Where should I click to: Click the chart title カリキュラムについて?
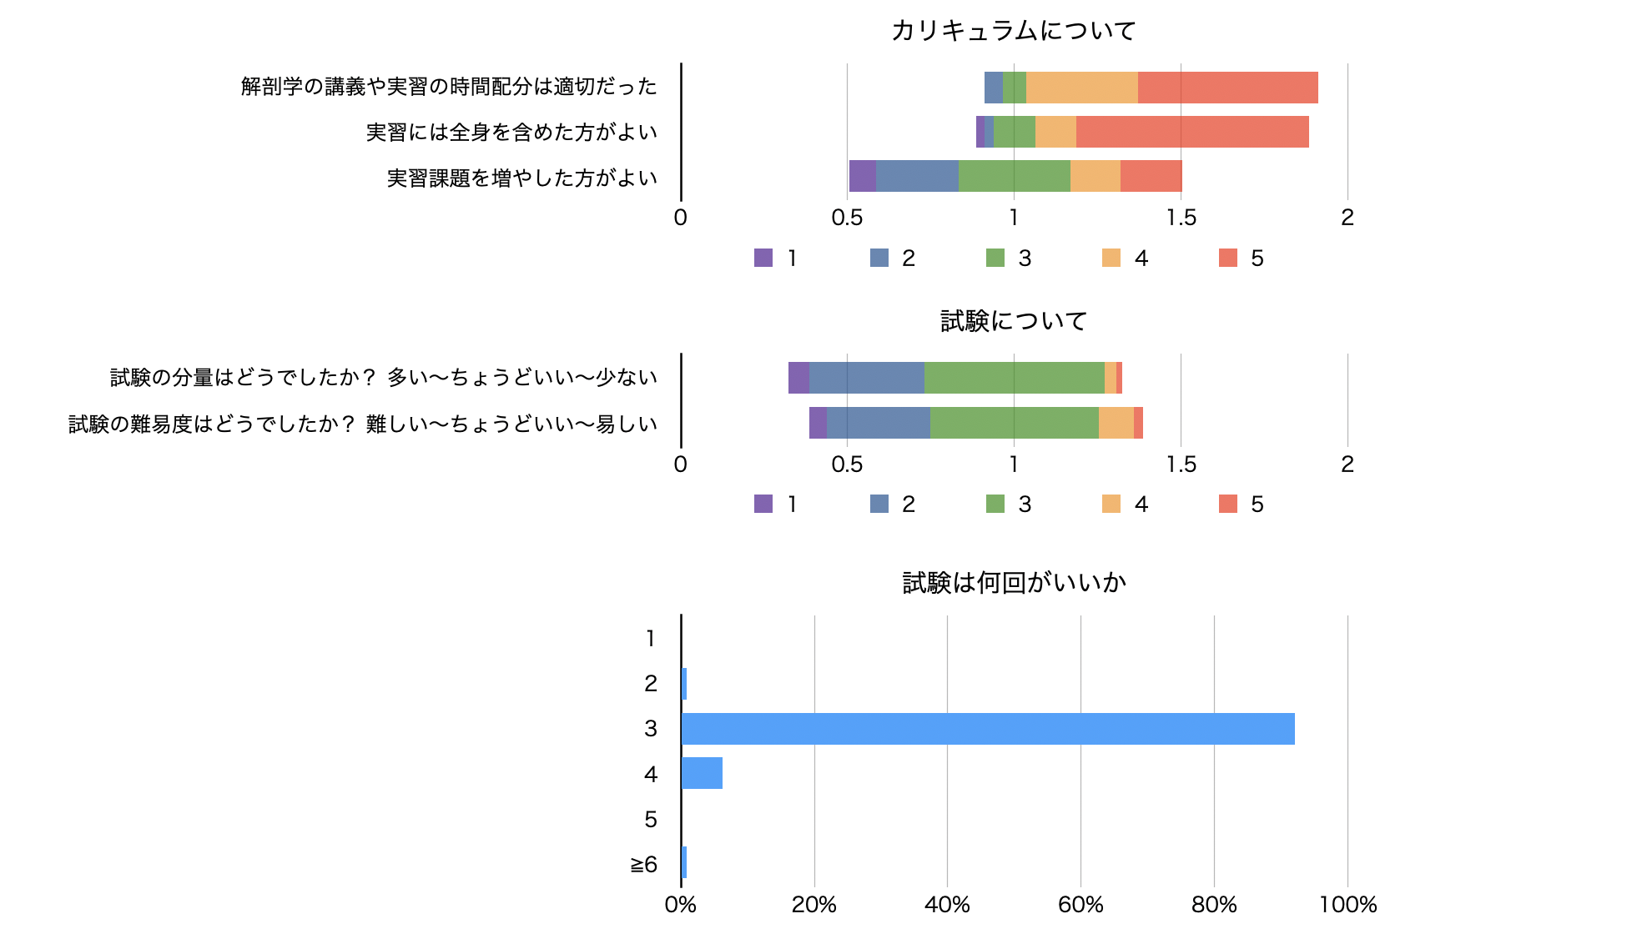point(1014,31)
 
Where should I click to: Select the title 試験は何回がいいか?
point(1014,582)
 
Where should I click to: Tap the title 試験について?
point(1014,321)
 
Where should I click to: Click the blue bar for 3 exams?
point(988,729)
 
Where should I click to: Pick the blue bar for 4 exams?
point(702,774)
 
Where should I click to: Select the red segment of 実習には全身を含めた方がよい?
point(1192,132)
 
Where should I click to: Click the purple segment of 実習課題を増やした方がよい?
point(863,176)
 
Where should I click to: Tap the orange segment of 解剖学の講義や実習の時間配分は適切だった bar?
point(1082,88)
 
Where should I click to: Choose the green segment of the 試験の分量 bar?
point(1014,378)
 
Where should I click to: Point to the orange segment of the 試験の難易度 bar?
point(1116,423)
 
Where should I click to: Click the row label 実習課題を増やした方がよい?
point(522,178)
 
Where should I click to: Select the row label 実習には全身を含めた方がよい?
point(511,132)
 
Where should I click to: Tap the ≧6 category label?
point(644,864)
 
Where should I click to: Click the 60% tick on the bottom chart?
point(1080,905)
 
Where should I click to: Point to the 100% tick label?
point(1347,905)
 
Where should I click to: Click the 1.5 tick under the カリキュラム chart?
point(1181,218)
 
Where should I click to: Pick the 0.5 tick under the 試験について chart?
point(847,464)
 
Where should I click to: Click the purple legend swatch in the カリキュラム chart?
point(763,258)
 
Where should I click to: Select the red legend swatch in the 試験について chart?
point(1228,504)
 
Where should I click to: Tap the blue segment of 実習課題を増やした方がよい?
point(917,176)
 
